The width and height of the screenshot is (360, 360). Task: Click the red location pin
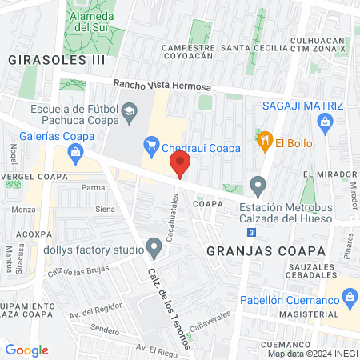click(x=181, y=165)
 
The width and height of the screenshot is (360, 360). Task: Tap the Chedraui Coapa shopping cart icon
click(x=150, y=145)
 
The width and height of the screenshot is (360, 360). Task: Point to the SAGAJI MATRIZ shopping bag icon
click(x=324, y=122)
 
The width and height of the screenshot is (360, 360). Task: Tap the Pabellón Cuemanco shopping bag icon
click(x=349, y=298)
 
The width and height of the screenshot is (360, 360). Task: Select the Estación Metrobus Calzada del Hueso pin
click(x=258, y=186)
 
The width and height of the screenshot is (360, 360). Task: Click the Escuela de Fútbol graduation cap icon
click(x=128, y=115)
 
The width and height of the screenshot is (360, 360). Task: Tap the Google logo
click(x=27, y=350)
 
